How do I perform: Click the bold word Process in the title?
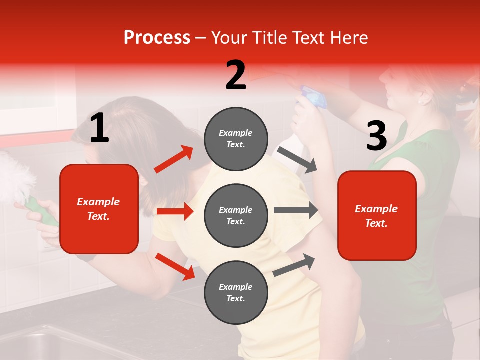(x=157, y=38)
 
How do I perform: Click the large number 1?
(x=99, y=128)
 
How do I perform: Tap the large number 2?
(x=236, y=75)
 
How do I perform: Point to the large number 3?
(x=377, y=136)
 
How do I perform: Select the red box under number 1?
(x=99, y=209)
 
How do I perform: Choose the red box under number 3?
(x=377, y=215)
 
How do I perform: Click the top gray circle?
(x=236, y=139)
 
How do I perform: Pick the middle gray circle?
(x=236, y=215)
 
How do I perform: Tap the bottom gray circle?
(x=236, y=292)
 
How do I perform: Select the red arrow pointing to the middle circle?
(x=175, y=211)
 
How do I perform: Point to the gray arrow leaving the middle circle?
(x=296, y=210)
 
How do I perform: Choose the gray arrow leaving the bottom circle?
(x=294, y=265)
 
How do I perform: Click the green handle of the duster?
(x=42, y=210)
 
